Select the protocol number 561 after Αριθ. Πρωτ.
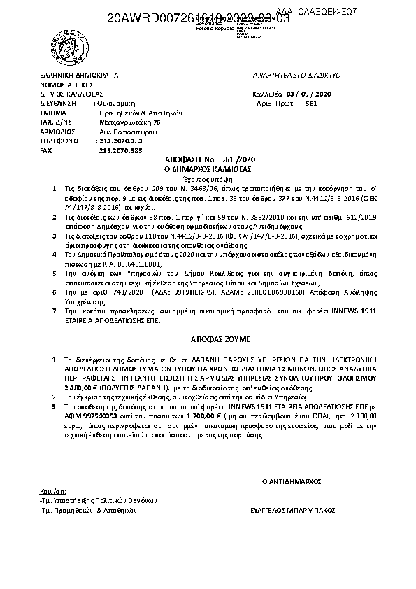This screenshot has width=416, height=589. click(x=312, y=102)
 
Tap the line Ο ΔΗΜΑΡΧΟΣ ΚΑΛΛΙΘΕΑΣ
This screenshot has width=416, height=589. click(x=208, y=169)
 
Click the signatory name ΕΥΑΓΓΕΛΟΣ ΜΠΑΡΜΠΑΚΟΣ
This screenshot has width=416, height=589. click(x=289, y=511)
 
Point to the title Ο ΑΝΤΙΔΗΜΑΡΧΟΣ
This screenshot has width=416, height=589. click(x=291, y=482)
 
